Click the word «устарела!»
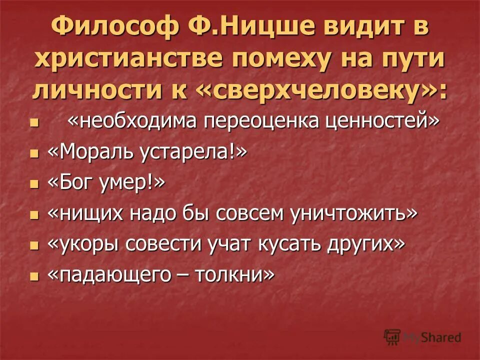pos(195,152)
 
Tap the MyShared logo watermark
pos(422,337)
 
